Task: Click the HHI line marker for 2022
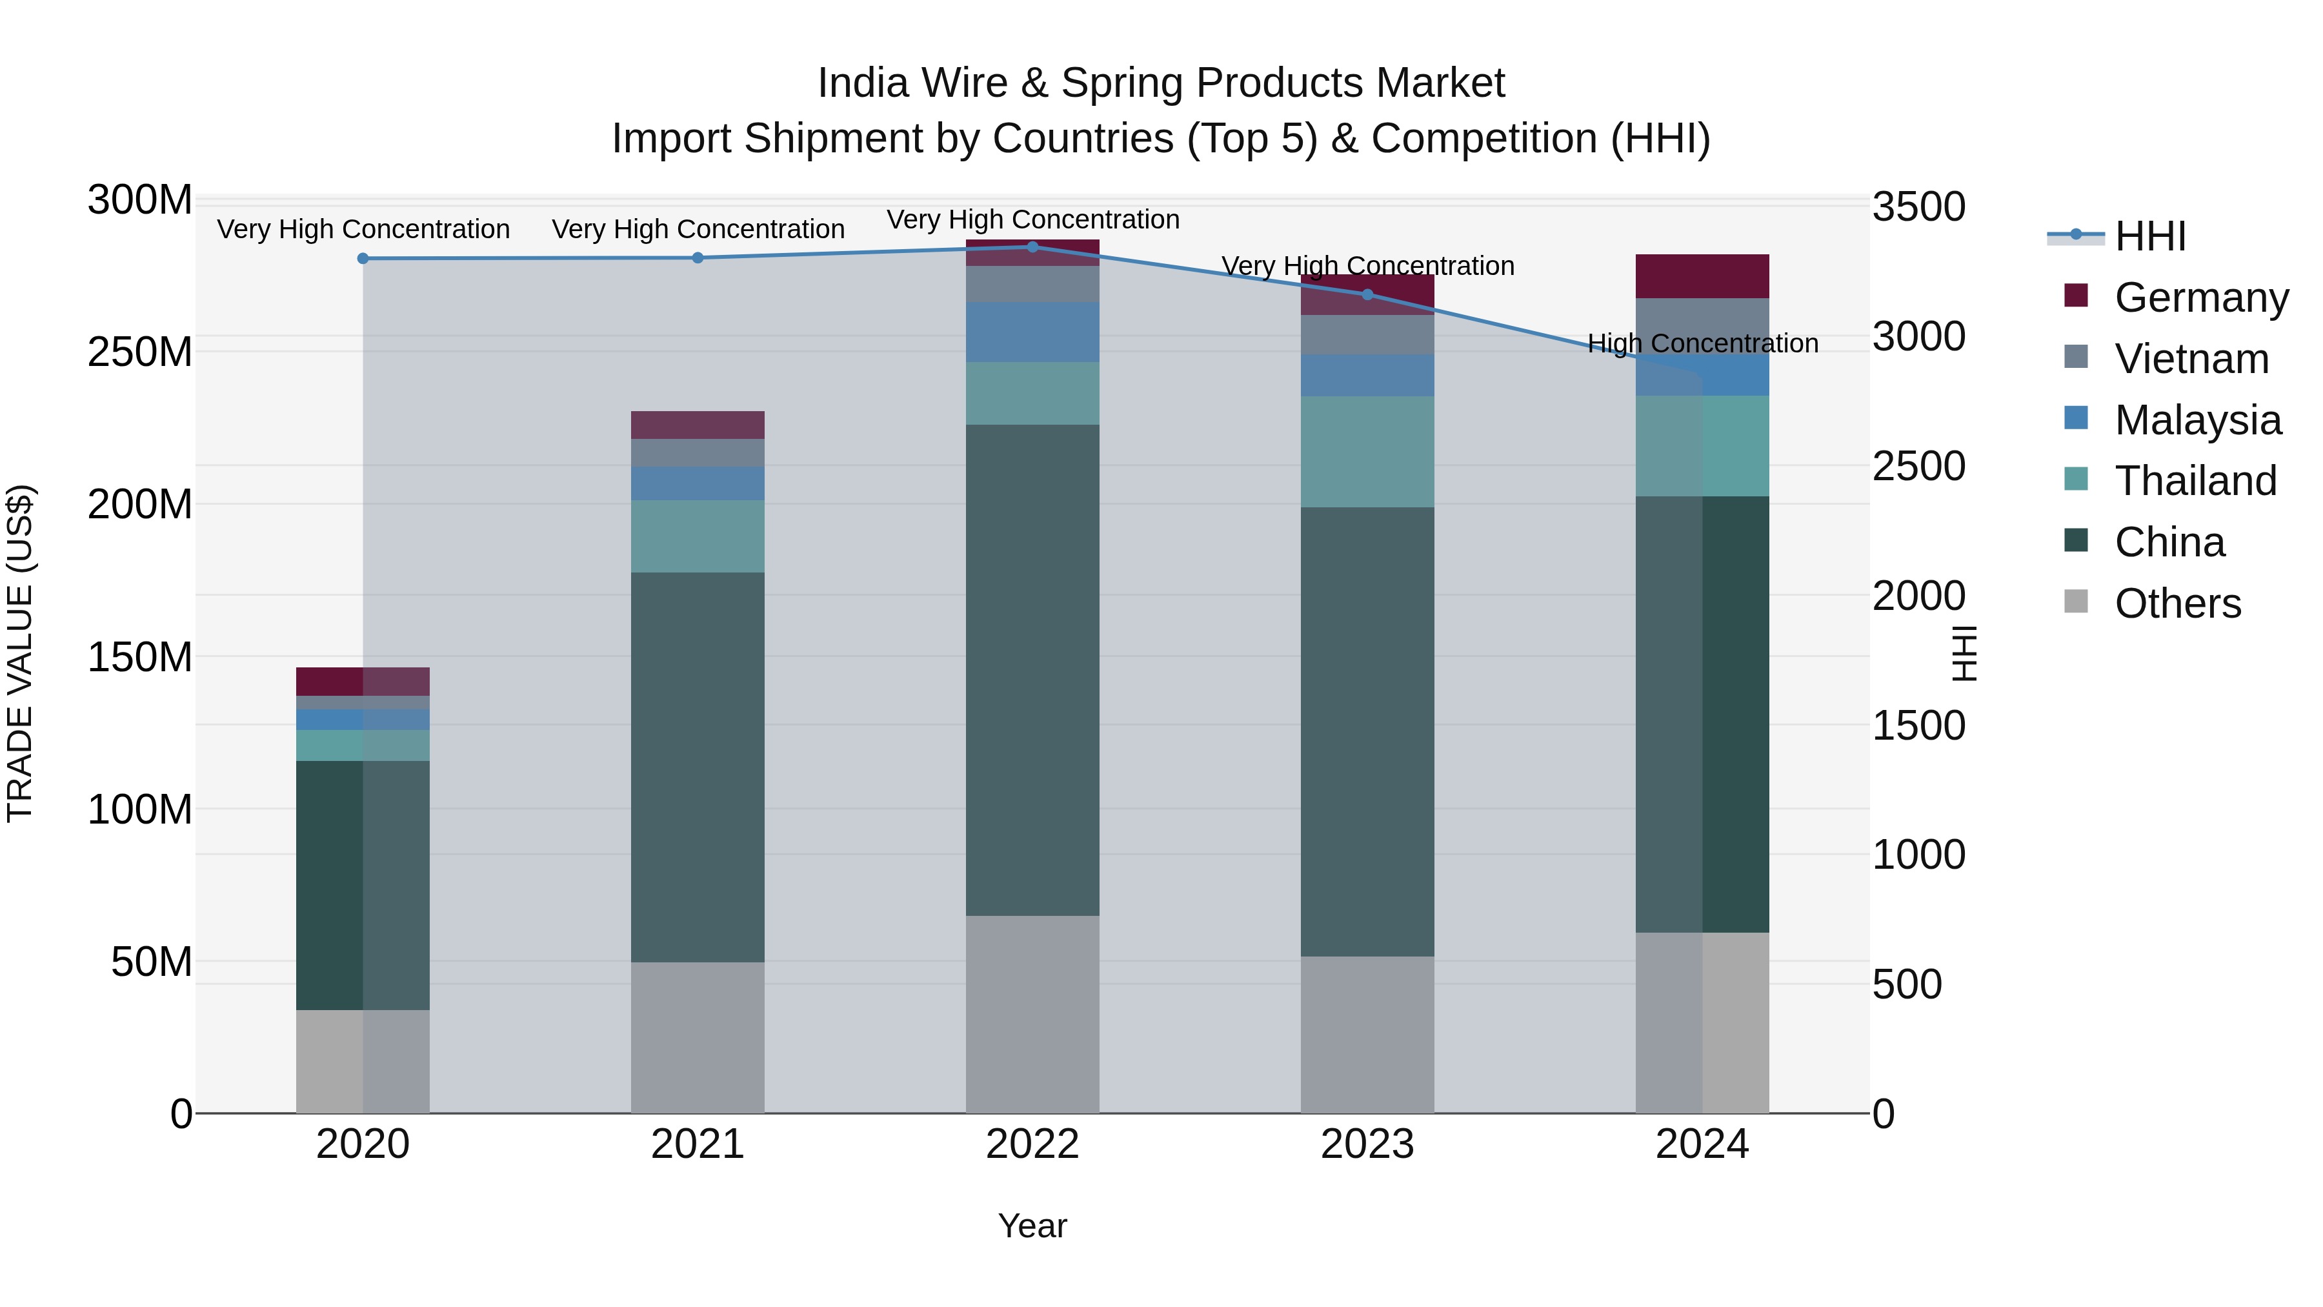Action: tap(1032, 247)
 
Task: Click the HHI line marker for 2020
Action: tap(363, 259)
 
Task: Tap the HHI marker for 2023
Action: tap(1367, 295)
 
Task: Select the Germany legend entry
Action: tap(2200, 298)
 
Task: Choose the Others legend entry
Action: tap(2177, 603)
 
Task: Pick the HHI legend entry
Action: tap(2150, 236)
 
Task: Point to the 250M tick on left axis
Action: tap(140, 352)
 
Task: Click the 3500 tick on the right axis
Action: tap(1918, 207)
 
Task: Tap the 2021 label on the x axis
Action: tap(697, 1144)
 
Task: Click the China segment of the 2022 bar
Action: tap(1032, 669)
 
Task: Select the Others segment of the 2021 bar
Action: tap(697, 1037)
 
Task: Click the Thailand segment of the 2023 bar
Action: tap(1367, 451)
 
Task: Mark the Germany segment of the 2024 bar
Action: tap(1702, 276)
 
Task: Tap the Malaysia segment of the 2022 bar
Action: tap(1032, 332)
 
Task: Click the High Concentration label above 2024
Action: tap(1702, 343)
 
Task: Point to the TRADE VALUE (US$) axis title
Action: tap(20, 653)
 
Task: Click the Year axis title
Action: tap(1032, 1226)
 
